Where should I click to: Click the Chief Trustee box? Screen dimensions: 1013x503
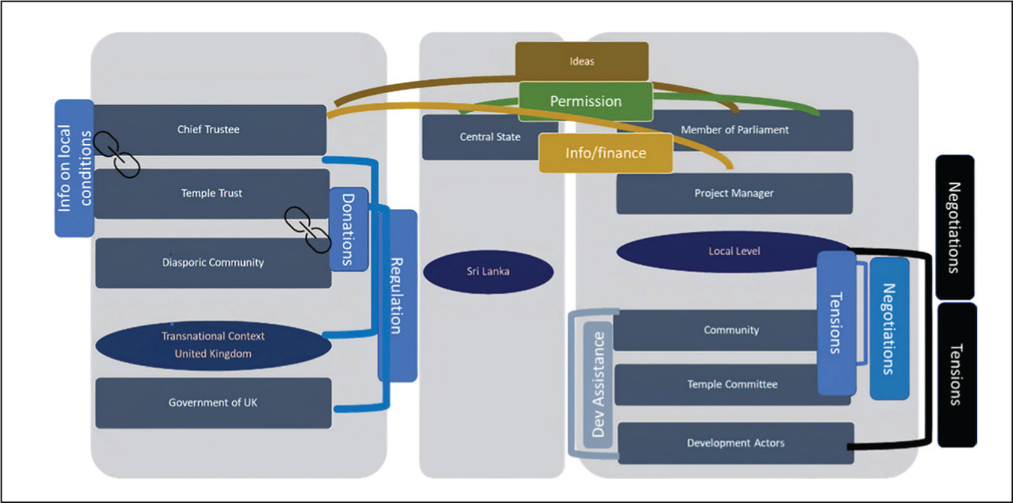[210, 130]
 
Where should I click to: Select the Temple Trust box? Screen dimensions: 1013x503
[211, 193]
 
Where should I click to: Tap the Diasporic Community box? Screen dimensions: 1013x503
[213, 263]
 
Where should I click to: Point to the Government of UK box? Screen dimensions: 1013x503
[213, 403]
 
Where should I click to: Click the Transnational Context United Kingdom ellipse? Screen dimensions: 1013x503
[213, 346]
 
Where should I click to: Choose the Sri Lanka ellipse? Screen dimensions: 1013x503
[488, 272]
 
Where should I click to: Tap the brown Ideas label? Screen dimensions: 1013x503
[582, 61]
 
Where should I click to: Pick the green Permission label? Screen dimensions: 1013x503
[586, 101]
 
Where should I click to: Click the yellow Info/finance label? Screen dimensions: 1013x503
[605, 153]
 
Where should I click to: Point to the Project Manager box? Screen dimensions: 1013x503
[734, 193]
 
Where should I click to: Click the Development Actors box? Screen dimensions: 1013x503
[736, 443]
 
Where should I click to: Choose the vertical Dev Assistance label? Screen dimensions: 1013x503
[598, 385]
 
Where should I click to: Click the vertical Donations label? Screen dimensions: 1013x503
[348, 229]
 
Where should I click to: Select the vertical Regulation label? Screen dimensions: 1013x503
[398, 296]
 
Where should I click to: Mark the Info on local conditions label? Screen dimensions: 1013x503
[74, 168]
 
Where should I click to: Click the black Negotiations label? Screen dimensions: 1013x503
[955, 227]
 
